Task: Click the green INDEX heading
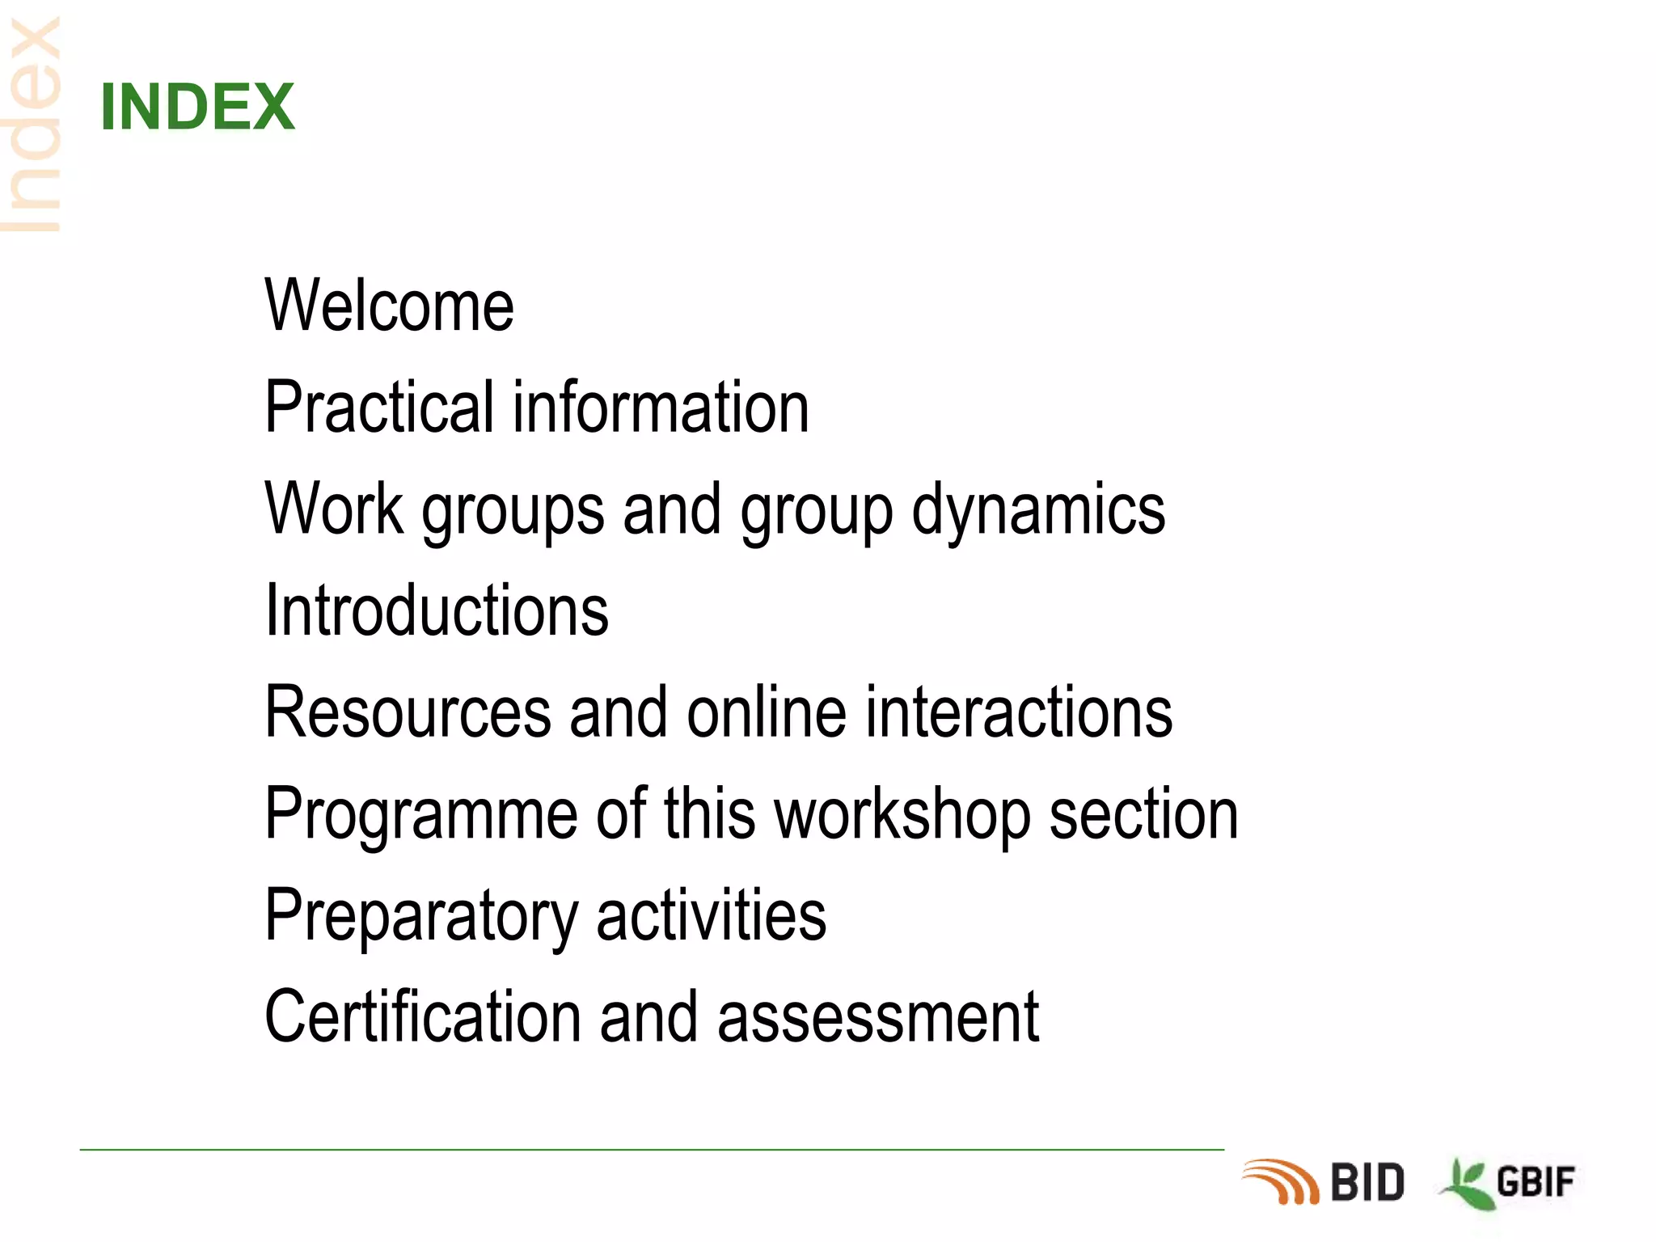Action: click(x=197, y=107)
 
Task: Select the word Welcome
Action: click(x=389, y=306)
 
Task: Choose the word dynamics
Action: click(x=1038, y=511)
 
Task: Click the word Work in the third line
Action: click(x=334, y=509)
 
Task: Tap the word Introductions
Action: click(x=437, y=610)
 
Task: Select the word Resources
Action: click(x=408, y=712)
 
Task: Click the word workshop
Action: click(x=902, y=815)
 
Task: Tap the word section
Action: click(x=1143, y=815)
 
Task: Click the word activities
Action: click(x=712, y=915)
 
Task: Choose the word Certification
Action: click(x=422, y=1017)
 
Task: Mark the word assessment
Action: click(x=877, y=1019)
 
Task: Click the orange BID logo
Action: click(x=1324, y=1182)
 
